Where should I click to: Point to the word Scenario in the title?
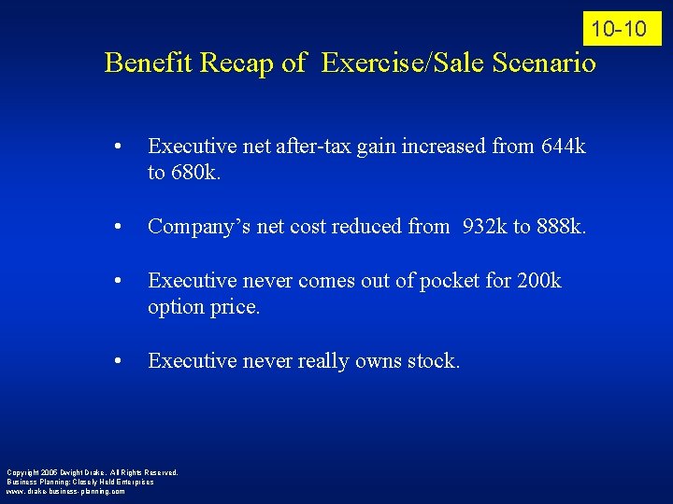pos(542,63)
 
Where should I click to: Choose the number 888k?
pos(560,227)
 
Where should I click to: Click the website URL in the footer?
pos(64,491)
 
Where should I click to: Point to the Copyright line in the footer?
pos(92,472)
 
